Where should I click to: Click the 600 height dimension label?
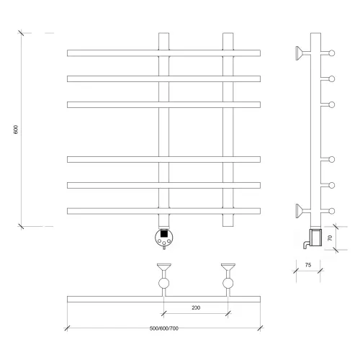point(16,130)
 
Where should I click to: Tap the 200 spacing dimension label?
point(196,307)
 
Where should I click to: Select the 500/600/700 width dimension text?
point(164,328)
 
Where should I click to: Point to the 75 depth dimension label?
point(308,265)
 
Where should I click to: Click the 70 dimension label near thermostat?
point(330,238)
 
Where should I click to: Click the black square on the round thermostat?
point(163,233)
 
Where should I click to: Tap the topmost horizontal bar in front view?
point(163,53)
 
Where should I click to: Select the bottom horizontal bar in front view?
point(163,211)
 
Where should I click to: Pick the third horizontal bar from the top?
point(163,104)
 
